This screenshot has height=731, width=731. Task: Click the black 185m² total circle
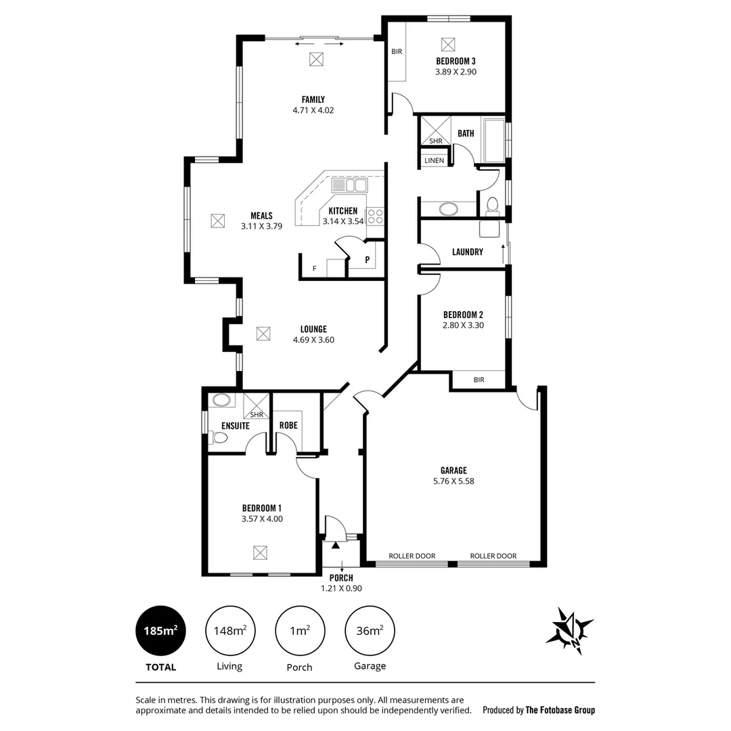(160, 631)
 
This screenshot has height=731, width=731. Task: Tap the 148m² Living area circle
(229, 631)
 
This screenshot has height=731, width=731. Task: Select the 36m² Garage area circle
(370, 631)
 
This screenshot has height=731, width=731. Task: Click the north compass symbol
(569, 630)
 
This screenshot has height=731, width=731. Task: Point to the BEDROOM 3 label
(456, 61)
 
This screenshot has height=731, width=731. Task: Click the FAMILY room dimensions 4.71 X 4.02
(313, 110)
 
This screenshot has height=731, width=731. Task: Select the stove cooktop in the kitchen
(375, 217)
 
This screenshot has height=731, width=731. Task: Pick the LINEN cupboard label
(434, 160)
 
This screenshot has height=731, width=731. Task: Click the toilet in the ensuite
(219, 438)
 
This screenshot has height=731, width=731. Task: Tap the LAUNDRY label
(467, 252)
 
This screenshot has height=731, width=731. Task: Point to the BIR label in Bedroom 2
(479, 380)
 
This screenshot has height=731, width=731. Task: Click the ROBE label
(288, 425)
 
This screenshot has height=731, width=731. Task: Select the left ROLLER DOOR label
(412, 556)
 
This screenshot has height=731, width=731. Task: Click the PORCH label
(341, 578)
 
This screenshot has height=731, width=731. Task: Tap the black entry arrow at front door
(335, 544)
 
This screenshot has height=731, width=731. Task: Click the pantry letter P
(368, 259)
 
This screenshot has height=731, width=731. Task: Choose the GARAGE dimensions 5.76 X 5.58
(453, 481)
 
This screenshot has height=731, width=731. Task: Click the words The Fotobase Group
(560, 710)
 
